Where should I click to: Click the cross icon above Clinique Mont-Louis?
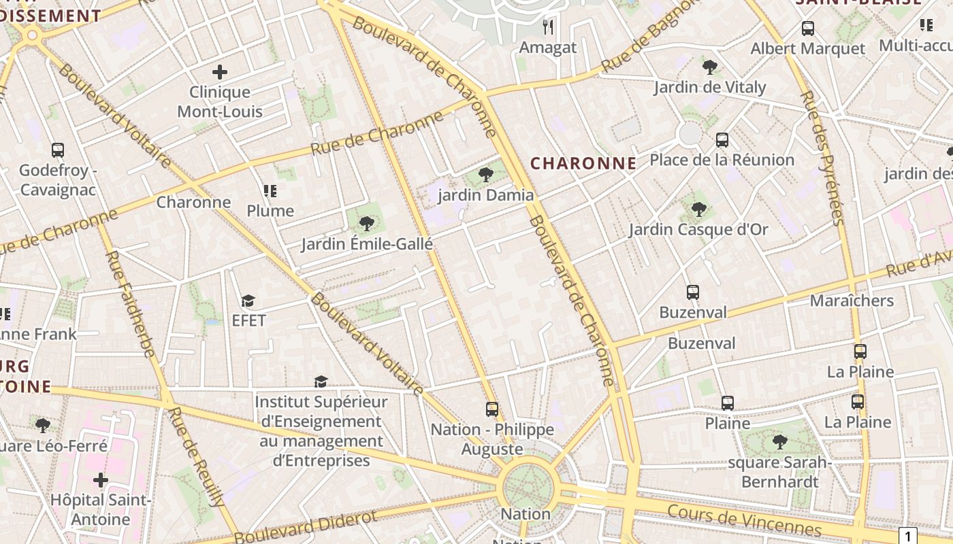tap(219, 71)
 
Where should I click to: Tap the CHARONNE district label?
tap(583, 163)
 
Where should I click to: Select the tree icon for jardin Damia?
tap(486, 175)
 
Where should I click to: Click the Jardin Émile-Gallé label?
tap(367, 243)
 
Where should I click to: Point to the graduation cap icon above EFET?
tap(248, 301)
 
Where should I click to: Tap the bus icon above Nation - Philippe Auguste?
tap(492, 409)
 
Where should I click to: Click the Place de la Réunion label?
tap(722, 160)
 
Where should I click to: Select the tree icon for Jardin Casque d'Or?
tap(698, 209)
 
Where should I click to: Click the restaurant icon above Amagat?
tap(548, 27)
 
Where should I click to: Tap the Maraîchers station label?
tap(852, 301)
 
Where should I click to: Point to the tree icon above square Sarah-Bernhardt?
tap(780, 442)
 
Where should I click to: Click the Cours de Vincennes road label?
tap(744, 521)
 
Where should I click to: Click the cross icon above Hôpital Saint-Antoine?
tap(101, 480)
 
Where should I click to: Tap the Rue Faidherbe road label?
tap(129, 303)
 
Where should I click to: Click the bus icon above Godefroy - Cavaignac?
tap(58, 150)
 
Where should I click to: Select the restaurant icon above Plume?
tap(270, 191)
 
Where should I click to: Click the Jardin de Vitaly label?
tap(710, 87)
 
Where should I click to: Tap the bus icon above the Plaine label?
tap(728, 403)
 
